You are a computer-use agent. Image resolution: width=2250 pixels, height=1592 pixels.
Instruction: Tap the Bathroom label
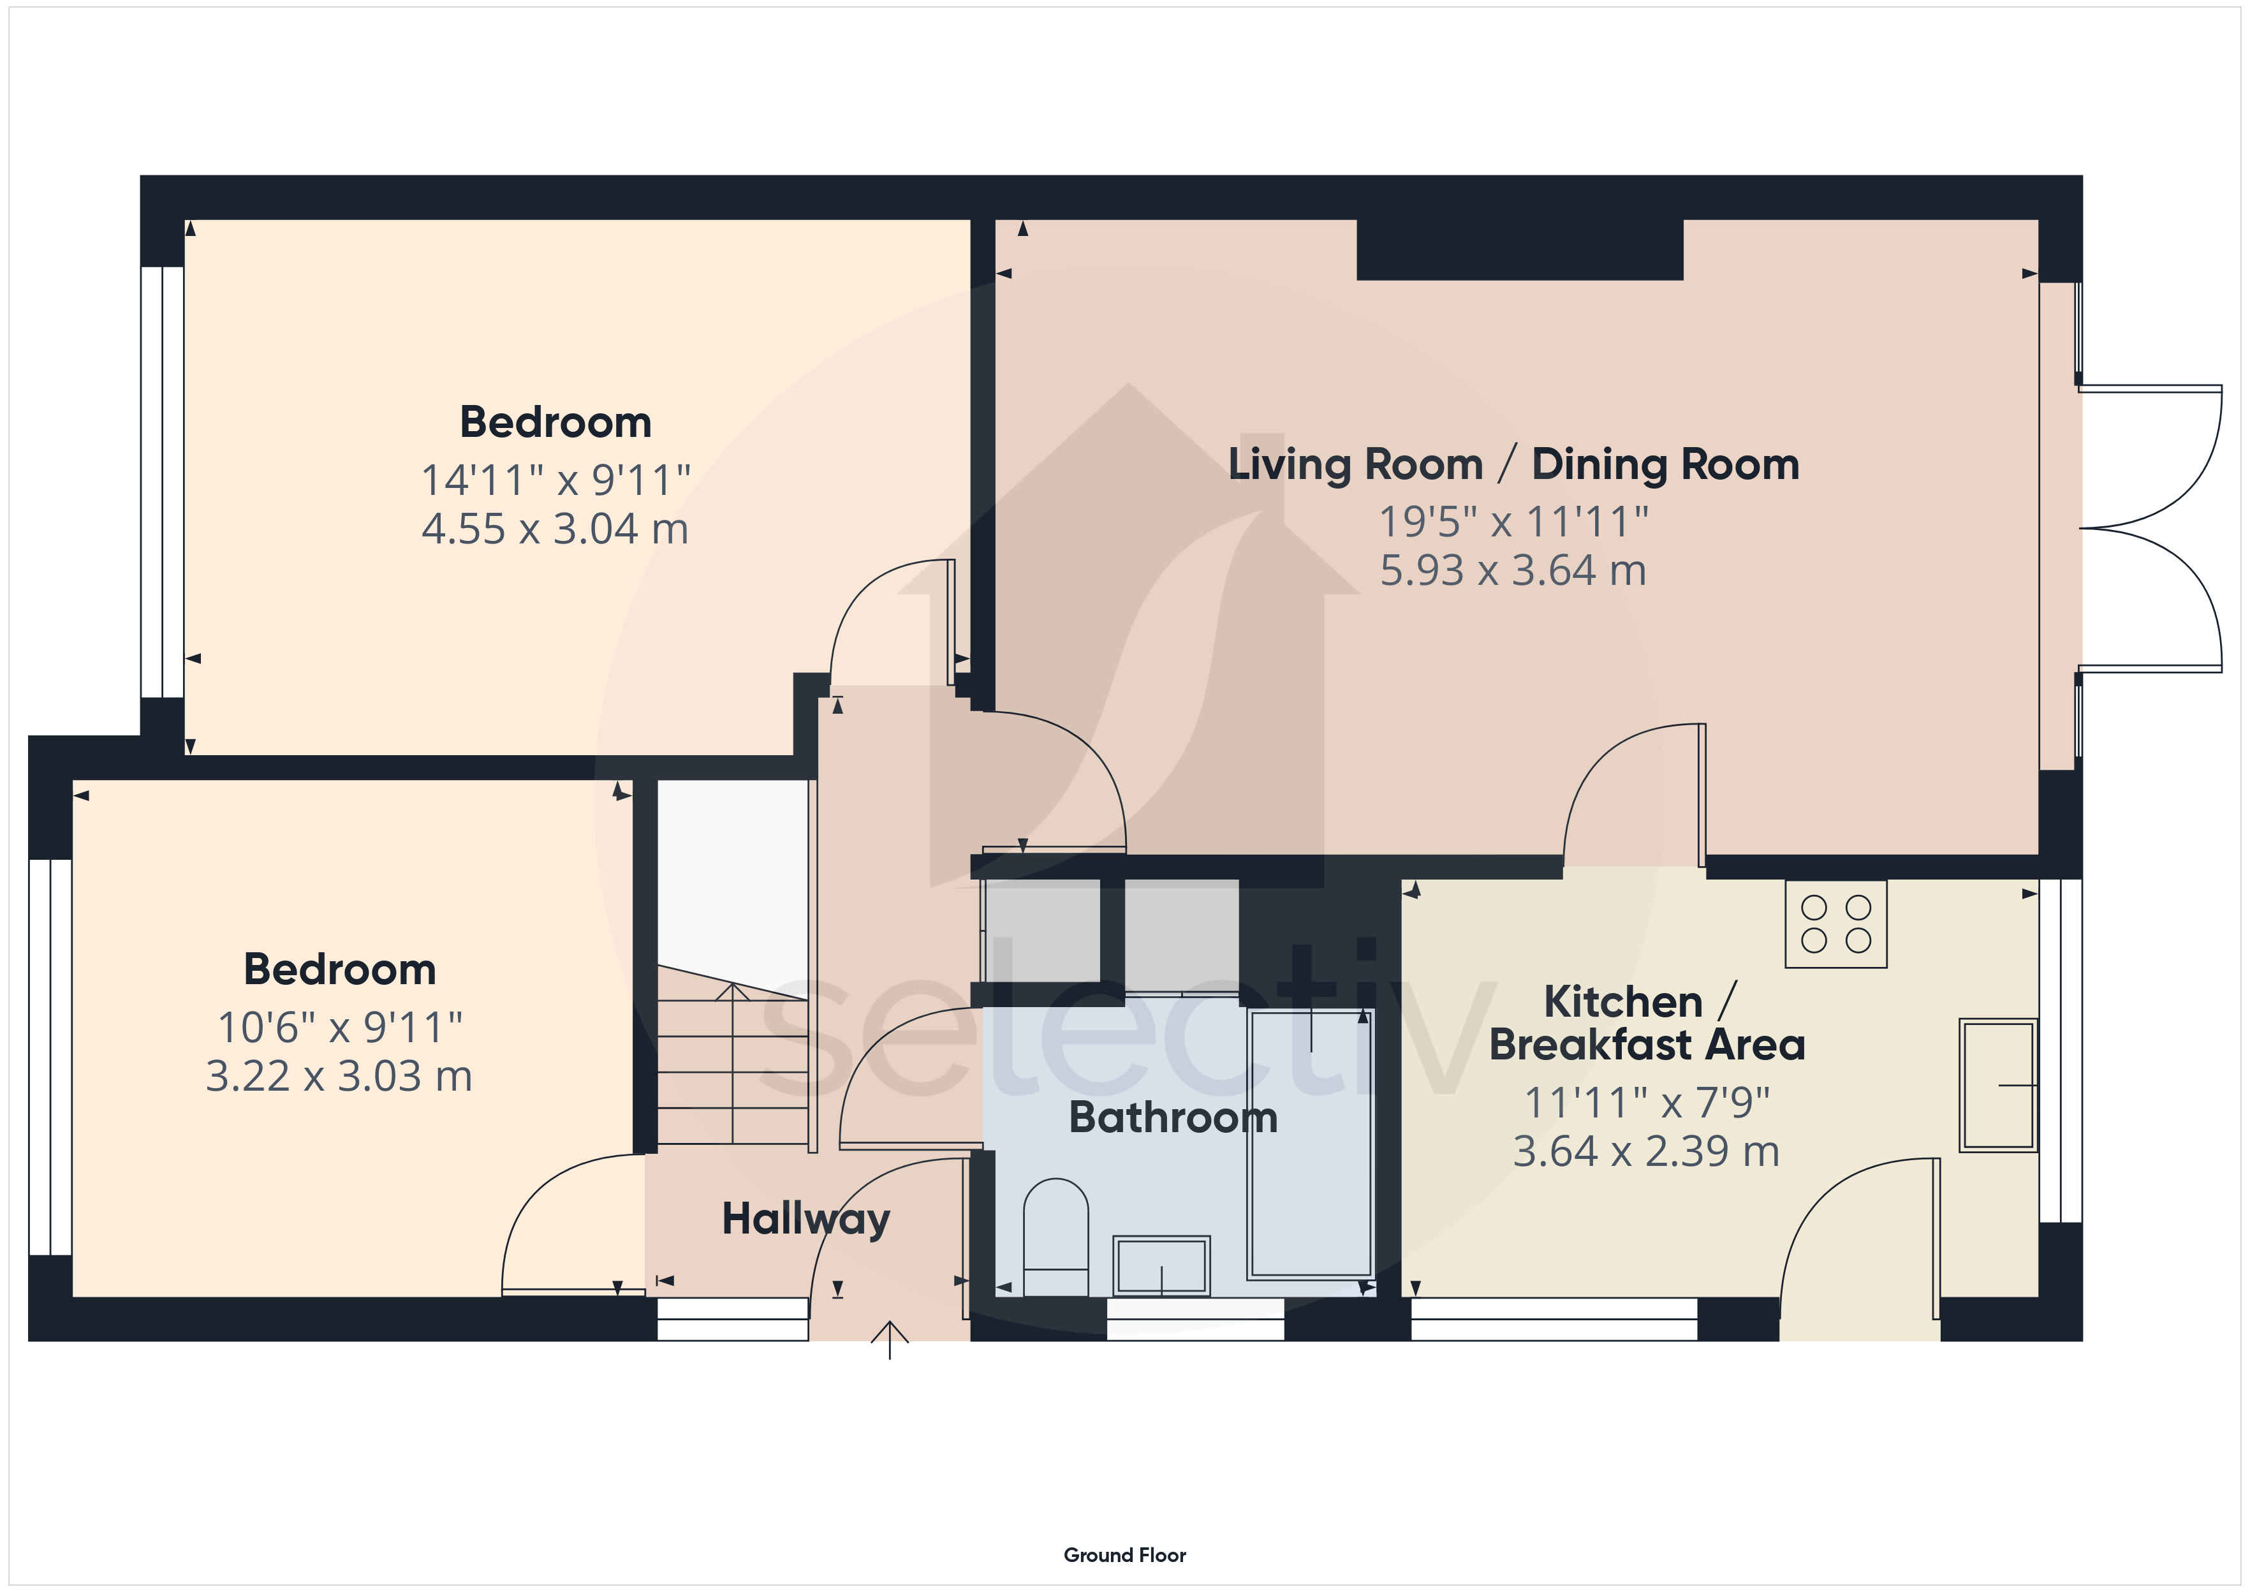(x=1173, y=1117)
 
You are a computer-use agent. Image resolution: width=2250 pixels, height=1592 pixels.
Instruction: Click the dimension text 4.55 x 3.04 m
(x=555, y=529)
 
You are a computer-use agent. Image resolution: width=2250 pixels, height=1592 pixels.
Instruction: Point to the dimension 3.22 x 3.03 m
(x=339, y=1077)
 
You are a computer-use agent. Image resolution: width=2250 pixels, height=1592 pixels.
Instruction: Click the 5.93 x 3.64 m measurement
(x=1513, y=571)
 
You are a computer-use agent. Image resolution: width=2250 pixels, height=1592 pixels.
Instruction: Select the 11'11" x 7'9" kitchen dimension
(x=1646, y=1103)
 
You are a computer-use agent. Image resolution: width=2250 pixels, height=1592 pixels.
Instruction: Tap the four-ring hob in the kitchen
(x=1835, y=924)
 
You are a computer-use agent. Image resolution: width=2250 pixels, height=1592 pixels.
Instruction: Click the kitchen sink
(x=1998, y=1085)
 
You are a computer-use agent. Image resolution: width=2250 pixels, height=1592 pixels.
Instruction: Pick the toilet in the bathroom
(x=1055, y=1237)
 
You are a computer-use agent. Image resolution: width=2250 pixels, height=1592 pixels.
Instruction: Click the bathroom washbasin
(x=1161, y=1265)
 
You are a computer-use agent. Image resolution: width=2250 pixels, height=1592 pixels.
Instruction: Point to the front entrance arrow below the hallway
(x=890, y=1340)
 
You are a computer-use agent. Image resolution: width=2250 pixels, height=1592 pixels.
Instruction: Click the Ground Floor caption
(x=1125, y=1555)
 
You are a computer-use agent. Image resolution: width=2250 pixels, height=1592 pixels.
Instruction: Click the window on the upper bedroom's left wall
(x=162, y=482)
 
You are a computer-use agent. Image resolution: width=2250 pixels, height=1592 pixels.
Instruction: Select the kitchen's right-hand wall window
(x=2060, y=1051)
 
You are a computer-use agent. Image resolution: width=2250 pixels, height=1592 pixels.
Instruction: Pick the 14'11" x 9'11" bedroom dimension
(x=555, y=480)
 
